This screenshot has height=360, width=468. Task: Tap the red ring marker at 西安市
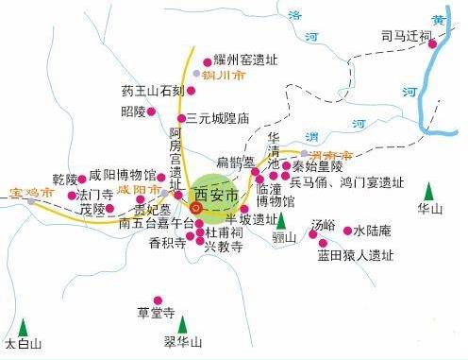tap(196, 208)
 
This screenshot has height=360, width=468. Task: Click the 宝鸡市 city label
tap(28, 193)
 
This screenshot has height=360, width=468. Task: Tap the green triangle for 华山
tap(431, 189)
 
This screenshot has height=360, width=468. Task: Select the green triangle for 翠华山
tap(182, 323)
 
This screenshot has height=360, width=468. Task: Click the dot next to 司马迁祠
tap(430, 42)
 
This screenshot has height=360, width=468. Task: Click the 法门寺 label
tap(97, 195)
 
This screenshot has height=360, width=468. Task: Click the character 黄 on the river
tap(441, 19)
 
